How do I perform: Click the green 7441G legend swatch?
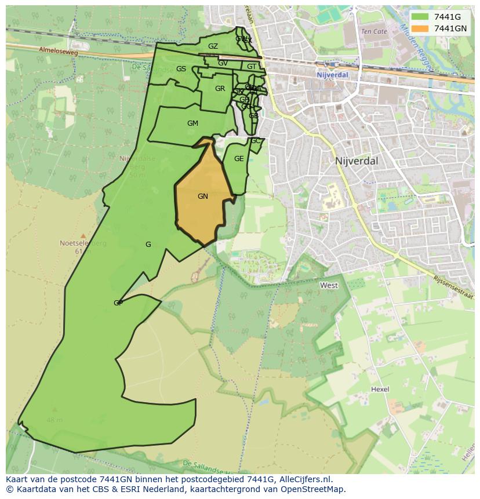pos(421,17)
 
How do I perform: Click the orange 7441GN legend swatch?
pos(421,28)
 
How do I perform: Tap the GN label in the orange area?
pos(202,196)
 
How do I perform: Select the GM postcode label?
pos(192,123)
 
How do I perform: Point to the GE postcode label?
pos(239,159)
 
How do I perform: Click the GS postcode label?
pos(181,69)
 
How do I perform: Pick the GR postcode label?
pos(220,89)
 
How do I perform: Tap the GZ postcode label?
pos(213,46)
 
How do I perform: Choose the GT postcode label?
pos(251,67)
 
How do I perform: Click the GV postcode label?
pos(223,63)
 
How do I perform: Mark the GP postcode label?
pos(118,303)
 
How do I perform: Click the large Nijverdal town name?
pos(356,161)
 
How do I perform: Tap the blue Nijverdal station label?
pos(332,75)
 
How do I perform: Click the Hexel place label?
pos(380,389)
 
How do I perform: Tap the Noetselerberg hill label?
pos(83,243)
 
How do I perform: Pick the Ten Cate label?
pos(373,31)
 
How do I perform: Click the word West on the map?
pos(329,285)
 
